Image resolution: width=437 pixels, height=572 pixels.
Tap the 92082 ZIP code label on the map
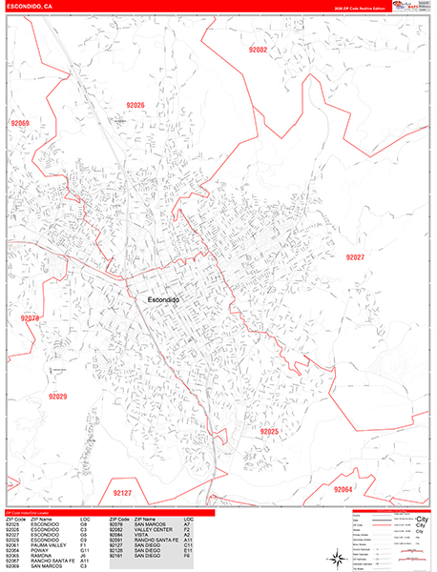pos(258,50)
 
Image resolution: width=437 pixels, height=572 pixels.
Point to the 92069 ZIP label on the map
pos(20,124)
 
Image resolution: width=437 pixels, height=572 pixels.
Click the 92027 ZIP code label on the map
pos(355,257)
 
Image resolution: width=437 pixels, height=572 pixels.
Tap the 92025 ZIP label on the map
pos(269,432)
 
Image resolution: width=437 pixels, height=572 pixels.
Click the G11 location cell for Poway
pos(85,550)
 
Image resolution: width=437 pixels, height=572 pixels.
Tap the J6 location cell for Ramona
pos(84,556)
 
